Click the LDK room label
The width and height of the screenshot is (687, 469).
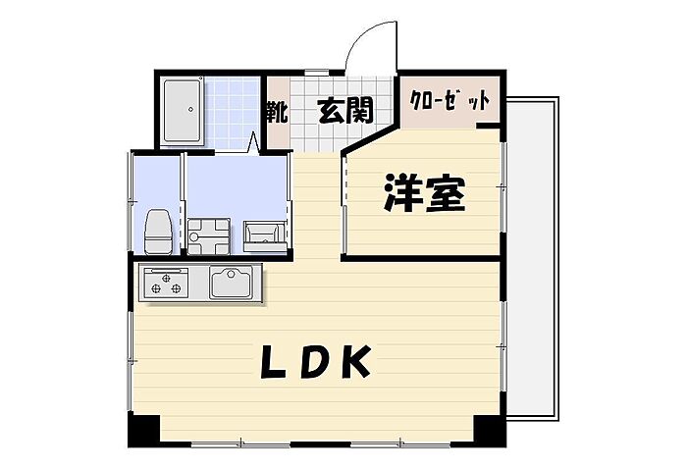click(315, 363)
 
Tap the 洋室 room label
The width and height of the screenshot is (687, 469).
click(423, 195)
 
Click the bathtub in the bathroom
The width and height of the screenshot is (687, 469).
click(183, 110)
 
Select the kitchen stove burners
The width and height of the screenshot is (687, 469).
click(166, 284)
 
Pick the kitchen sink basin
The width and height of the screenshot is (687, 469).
click(232, 284)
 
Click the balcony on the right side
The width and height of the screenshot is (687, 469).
click(534, 265)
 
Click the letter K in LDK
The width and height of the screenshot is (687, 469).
click(354, 363)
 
